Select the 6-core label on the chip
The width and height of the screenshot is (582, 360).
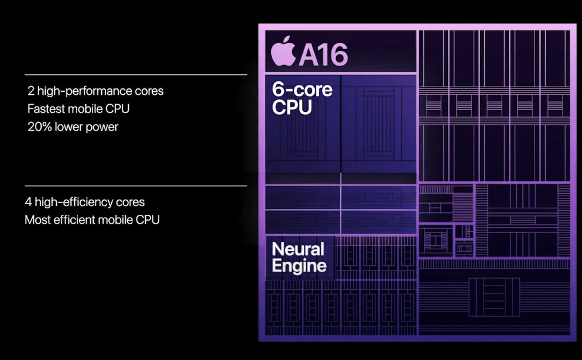302,90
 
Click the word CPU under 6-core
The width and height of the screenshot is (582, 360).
292,108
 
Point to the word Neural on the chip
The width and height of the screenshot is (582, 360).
298,249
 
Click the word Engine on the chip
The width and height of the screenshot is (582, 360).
299,266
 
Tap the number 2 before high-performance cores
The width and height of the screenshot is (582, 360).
30,91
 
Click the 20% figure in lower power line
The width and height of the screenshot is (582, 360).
39,127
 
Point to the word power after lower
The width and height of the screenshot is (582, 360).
102,127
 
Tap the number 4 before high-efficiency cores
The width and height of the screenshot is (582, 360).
28,203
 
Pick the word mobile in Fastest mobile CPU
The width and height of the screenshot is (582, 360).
87,109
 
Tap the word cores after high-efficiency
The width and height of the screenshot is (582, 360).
130,203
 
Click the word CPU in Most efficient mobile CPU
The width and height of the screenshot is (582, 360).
148,220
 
